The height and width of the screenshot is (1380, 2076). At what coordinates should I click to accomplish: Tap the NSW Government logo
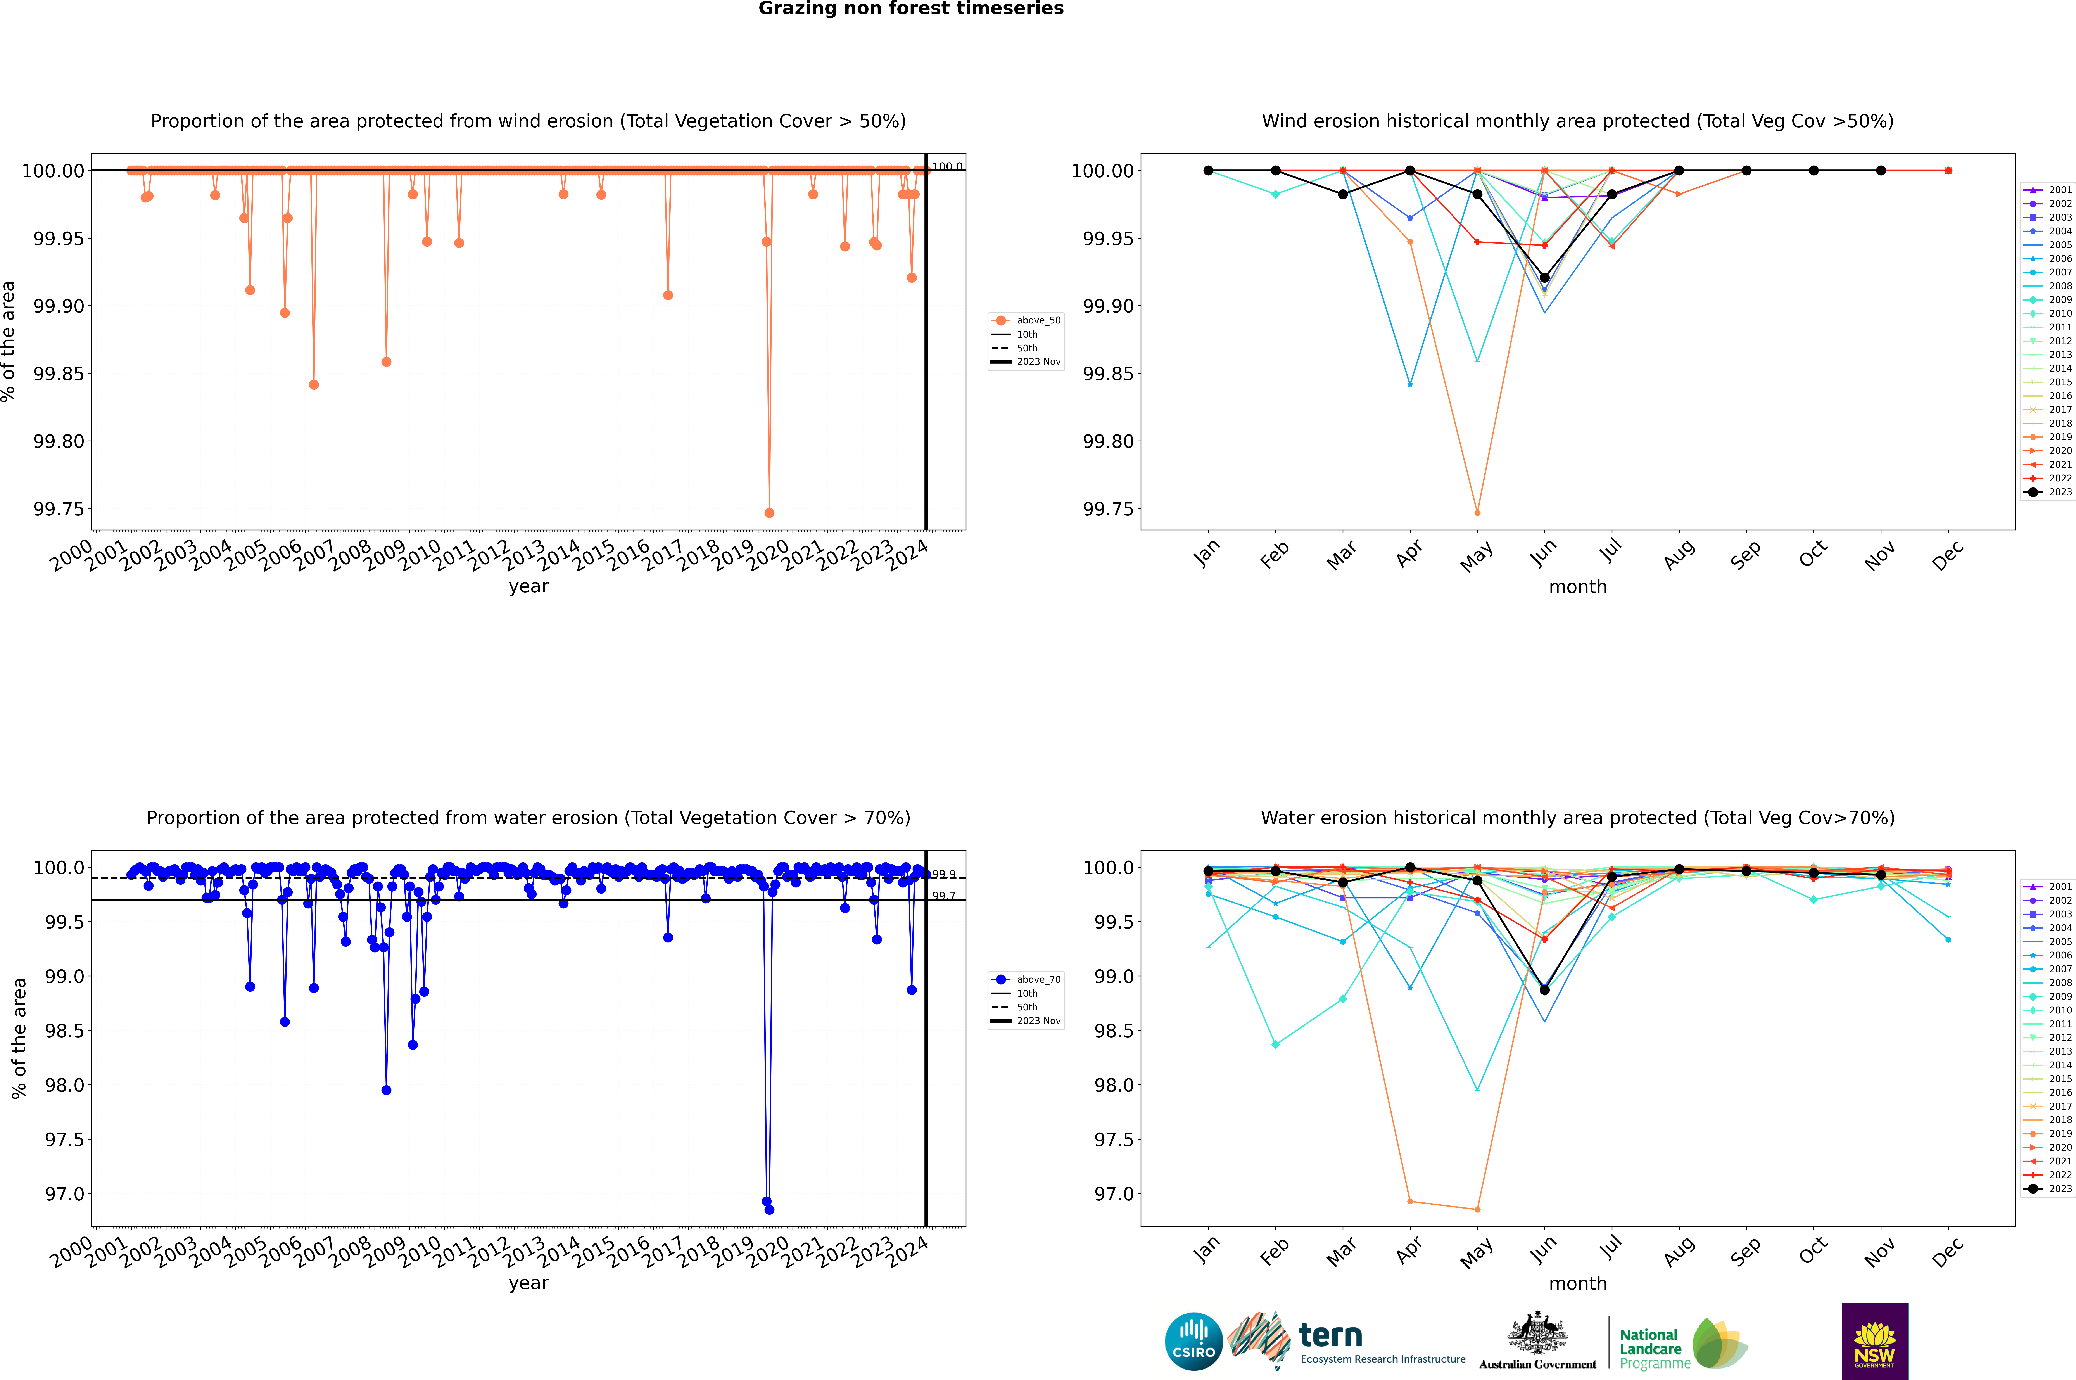click(1874, 1341)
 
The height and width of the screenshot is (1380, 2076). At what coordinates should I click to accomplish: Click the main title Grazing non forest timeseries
click(911, 9)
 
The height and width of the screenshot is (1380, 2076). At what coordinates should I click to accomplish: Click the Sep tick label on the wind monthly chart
click(1746, 554)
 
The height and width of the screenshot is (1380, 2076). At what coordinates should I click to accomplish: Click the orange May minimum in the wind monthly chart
click(1478, 512)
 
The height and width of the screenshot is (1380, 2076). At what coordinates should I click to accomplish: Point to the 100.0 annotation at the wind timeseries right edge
click(947, 166)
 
